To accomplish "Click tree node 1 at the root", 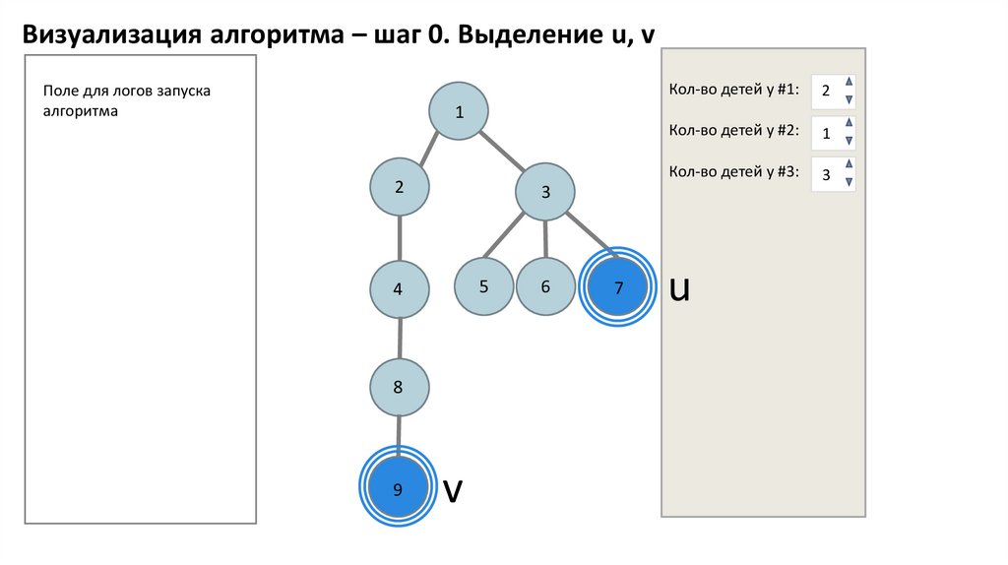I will tap(459, 112).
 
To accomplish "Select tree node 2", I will tap(400, 186).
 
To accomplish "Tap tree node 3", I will tap(545, 192).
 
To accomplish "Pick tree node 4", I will tap(399, 289).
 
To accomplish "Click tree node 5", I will tap(484, 286).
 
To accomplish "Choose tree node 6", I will tap(545, 287).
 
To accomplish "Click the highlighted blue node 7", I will tap(618, 287).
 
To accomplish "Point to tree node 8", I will tap(399, 387).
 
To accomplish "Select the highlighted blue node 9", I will tap(398, 487).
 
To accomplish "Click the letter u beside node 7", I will tap(678, 288).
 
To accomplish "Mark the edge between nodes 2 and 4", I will tap(400, 238).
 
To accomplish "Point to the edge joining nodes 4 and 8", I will tap(399, 339).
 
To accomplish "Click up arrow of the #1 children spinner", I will tap(850, 82).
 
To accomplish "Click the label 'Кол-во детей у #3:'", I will tap(733, 171).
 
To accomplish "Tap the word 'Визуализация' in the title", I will tap(110, 34).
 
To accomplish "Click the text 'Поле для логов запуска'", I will tap(127, 92).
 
